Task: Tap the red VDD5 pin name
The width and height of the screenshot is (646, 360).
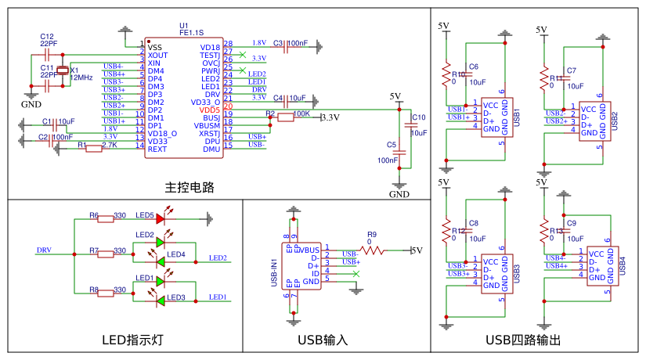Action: pos(210,110)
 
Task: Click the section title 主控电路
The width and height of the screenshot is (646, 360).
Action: pos(189,188)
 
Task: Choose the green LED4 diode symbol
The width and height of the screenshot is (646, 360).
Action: pos(161,255)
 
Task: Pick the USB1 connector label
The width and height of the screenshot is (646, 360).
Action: pos(518,117)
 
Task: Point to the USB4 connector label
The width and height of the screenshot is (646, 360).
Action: pos(623,265)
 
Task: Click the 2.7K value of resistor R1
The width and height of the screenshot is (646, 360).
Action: pos(110,145)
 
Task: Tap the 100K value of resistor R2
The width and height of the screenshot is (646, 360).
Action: pos(301,113)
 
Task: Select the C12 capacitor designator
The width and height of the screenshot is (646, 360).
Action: pos(47,36)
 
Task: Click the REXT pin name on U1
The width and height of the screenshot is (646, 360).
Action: pos(157,149)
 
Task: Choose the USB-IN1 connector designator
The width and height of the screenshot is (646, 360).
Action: pos(275,273)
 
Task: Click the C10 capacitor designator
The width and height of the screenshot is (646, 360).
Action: pos(419,117)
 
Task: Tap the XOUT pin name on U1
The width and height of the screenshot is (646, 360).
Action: pos(158,56)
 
